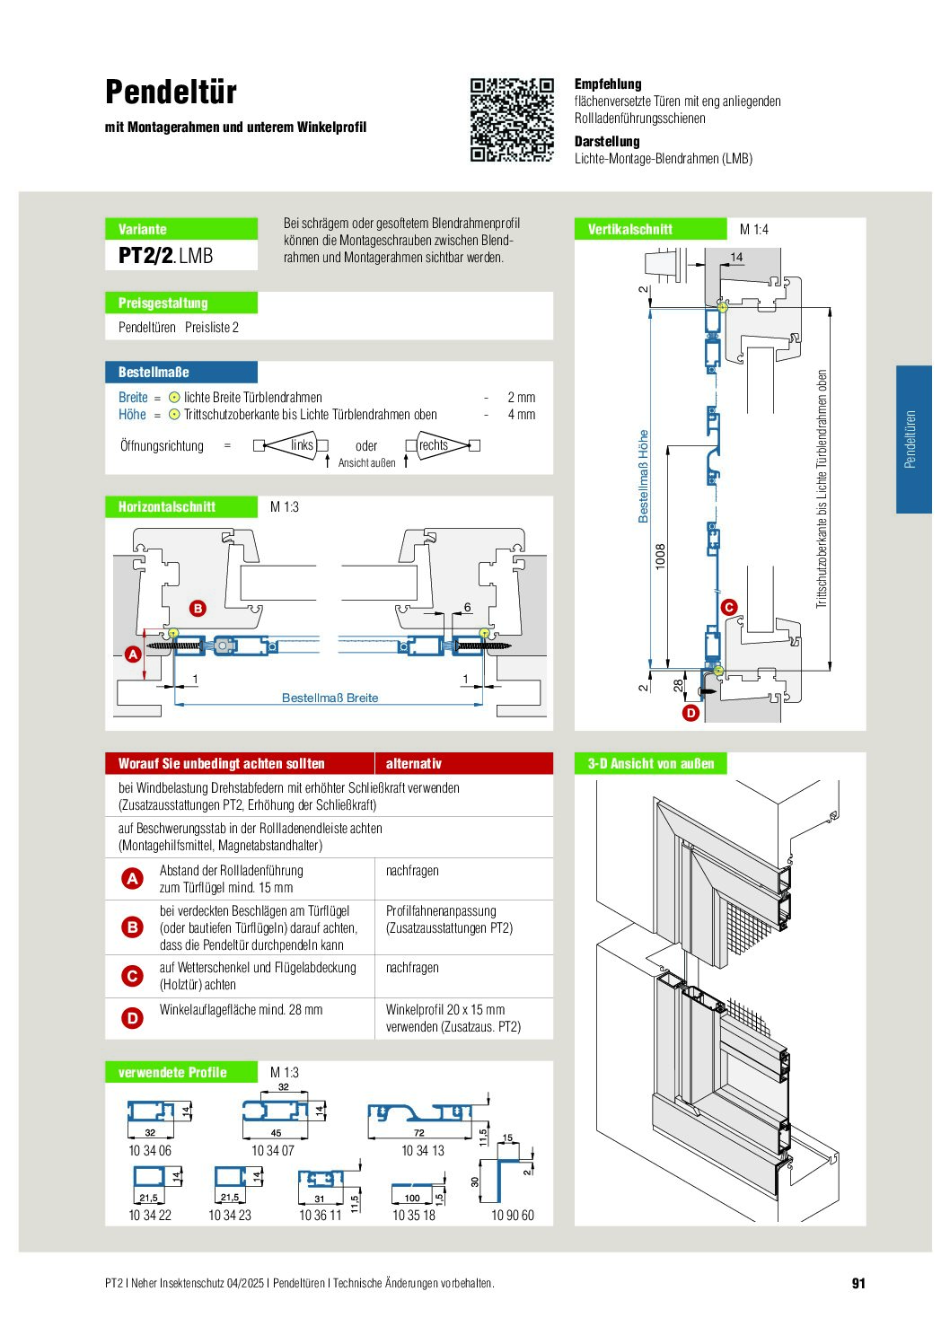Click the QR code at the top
[x=511, y=120]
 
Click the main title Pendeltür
[x=171, y=92]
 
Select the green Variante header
[x=181, y=229]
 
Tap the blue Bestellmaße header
[x=181, y=372]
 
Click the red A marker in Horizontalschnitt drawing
[x=133, y=654]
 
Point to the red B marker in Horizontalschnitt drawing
[x=198, y=609]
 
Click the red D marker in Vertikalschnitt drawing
[x=691, y=713]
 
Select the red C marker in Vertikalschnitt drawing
[x=729, y=607]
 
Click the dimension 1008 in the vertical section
[x=660, y=557]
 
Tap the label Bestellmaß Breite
[x=330, y=698]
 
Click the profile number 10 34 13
[x=423, y=1150]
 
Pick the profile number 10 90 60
[x=513, y=1215]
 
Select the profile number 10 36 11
[x=320, y=1215]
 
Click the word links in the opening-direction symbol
[x=302, y=444]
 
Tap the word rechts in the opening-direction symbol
[x=434, y=444]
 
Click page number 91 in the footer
[x=858, y=1283]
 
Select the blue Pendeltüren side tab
[x=913, y=439]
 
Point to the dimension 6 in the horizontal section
[x=468, y=607]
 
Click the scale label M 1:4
[x=753, y=229]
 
